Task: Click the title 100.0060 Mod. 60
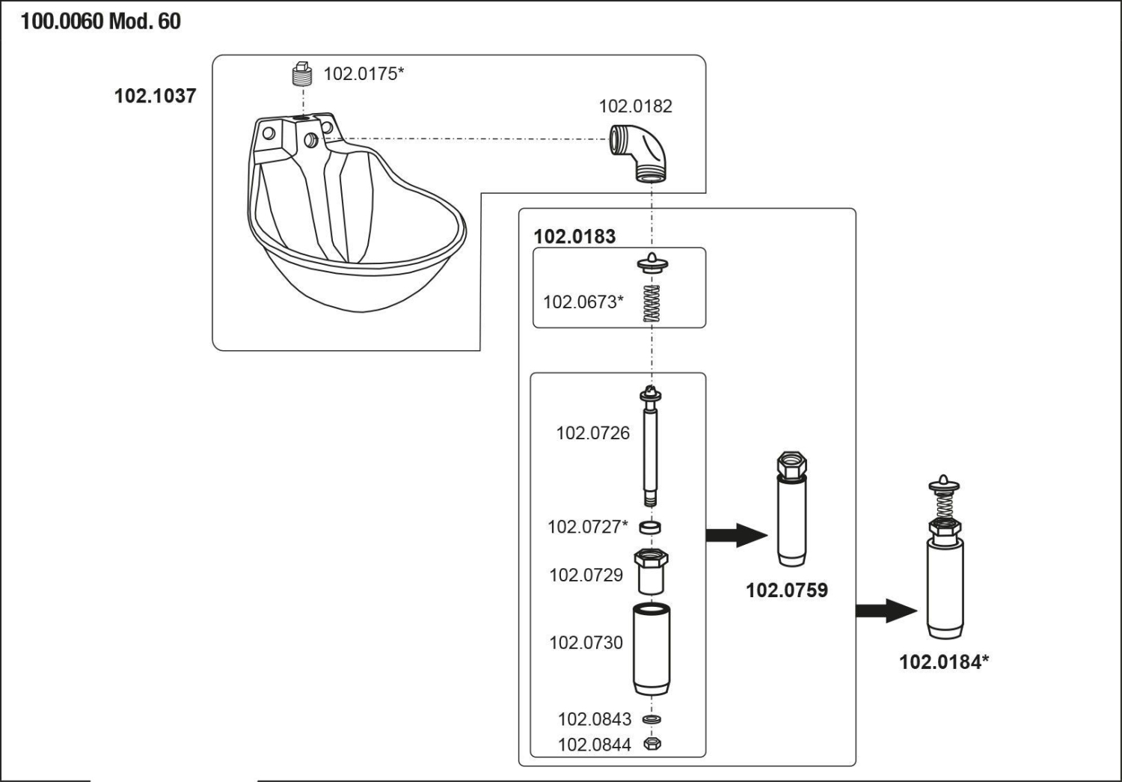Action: (x=100, y=21)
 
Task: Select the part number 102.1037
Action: (x=156, y=96)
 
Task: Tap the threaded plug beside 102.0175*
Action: (x=301, y=74)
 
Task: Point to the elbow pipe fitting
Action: (x=637, y=153)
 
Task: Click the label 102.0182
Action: (x=636, y=106)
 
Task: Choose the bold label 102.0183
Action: (x=574, y=236)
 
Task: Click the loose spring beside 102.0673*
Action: (x=652, y=303)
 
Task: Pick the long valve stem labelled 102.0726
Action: (x=650, y=446)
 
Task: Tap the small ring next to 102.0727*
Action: (x=650, y=527)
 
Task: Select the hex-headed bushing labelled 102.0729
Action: (x=651, y=571)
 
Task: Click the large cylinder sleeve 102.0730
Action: (x=652, y=649)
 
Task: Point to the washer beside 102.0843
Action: (x=652, y=719)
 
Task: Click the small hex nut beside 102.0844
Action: (x=652, y=743)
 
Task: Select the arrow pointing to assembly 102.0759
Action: (x=736, y=535)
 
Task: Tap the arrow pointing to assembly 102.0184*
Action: (x=886, y=611)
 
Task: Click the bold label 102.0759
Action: (x=787, y=590)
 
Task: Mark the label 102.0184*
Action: (x=944, y=662)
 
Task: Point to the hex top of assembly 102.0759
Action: (x=792, y=465)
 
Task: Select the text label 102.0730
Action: (x=586, y=643)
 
